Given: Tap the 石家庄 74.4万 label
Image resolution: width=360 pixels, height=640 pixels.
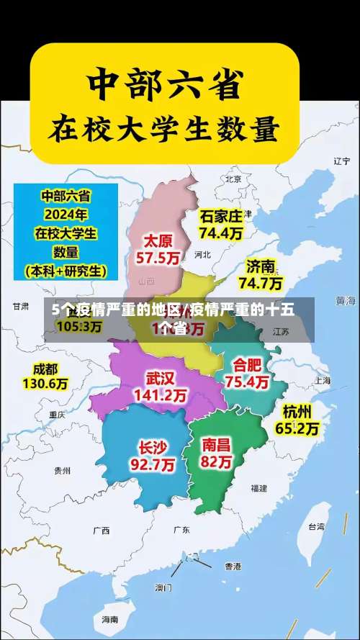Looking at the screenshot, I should pos(221,224).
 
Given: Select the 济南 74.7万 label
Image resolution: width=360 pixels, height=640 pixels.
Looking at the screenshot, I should pos(260,274).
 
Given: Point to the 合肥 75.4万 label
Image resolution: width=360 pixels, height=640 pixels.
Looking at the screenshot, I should pos(248,373).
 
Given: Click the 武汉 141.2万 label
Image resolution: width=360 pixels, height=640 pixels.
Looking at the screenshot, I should pos(161,387).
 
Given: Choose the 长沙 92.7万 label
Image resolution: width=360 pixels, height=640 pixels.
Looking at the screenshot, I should pos(152,456).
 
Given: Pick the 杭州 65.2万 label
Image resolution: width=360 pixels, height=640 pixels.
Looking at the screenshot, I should pos(297,420).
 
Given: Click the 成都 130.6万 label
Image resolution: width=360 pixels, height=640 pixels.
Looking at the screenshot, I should pos(45,377).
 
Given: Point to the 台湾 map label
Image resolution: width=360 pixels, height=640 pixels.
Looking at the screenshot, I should pos(316,526).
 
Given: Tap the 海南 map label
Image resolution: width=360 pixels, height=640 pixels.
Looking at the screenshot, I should pos(109,619).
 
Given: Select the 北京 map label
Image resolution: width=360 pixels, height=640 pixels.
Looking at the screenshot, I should pos(233,179).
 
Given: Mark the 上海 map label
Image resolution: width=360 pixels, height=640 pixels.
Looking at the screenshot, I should pos(322,380).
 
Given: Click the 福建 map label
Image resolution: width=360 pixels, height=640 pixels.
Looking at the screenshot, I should pos(258,487).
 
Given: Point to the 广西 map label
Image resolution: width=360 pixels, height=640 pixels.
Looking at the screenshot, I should pos(101,531).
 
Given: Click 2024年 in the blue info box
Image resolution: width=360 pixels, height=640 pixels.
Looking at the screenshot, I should pos(66,214).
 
